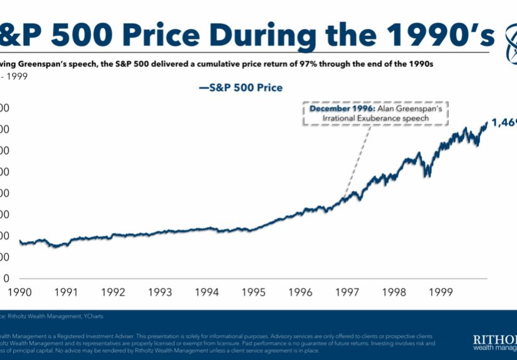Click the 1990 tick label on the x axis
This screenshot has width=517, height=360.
pyautogui.click(x=20, y=292)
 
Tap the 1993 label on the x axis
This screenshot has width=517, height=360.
pyautogui.click(x=160, y=292)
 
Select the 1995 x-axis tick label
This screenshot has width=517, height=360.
pyautogui.click(x=254, y=292)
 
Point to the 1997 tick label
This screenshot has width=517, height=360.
pyautogui.click(x=347, y=292)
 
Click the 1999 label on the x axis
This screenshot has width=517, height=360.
pyautogui.click(x=441, y=292)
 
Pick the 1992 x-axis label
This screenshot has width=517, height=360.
pyautogui.click(x=113, y=292)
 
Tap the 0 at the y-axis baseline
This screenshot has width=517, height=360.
pyautogui.click(x=6, y=278)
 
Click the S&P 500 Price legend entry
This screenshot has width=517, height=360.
pyautogui.click(x=241, y=88)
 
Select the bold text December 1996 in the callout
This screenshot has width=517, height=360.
pyautogui.click(x=336, y=108)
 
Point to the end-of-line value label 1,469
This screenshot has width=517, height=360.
pyautogui.click(x=503, y=123)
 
